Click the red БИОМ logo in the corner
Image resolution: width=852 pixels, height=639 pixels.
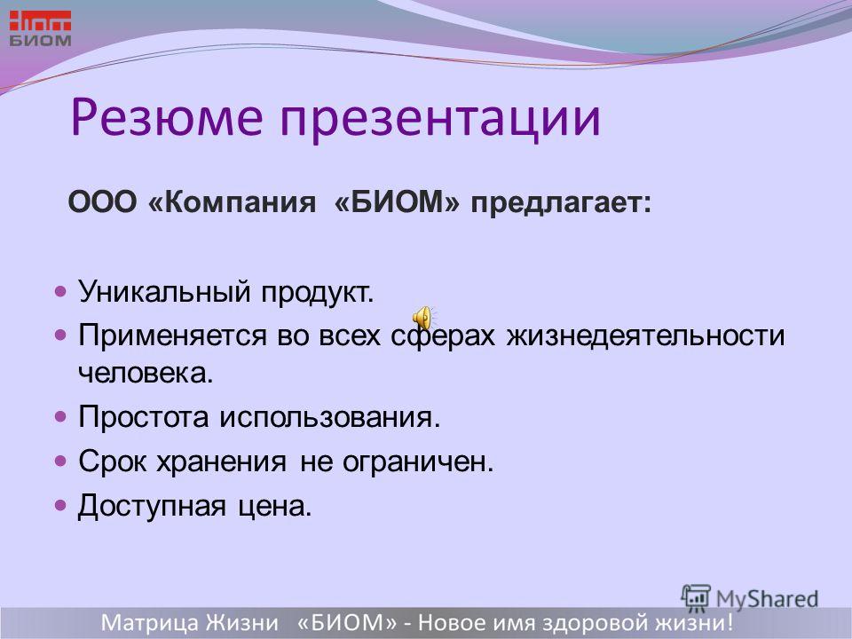(x=40, y=28)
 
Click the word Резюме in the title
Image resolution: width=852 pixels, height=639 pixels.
(x=167, y=118)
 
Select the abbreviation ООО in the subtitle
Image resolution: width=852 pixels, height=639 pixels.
(x=102, y=202)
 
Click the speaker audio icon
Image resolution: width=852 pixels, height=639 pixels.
(x=423, y=318)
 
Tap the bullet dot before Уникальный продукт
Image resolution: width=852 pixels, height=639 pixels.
(x=60, y=292)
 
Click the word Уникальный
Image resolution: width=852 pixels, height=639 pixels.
(x=165, y=292)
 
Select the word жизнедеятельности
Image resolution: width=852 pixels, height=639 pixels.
(x=645, y=335)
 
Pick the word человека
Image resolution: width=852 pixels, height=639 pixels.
(x=146, y=373)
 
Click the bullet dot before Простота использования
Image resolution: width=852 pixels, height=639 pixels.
(x=60, y=417)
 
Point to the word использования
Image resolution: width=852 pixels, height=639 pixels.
(x=330, y=417)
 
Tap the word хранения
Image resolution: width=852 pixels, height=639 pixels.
(x=221, y=461)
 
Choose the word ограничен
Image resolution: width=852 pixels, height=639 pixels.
(x=418, y=461)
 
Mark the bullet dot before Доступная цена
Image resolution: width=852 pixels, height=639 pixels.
(x=60, y=506)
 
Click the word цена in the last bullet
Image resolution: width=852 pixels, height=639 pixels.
(x=275, y=507)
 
